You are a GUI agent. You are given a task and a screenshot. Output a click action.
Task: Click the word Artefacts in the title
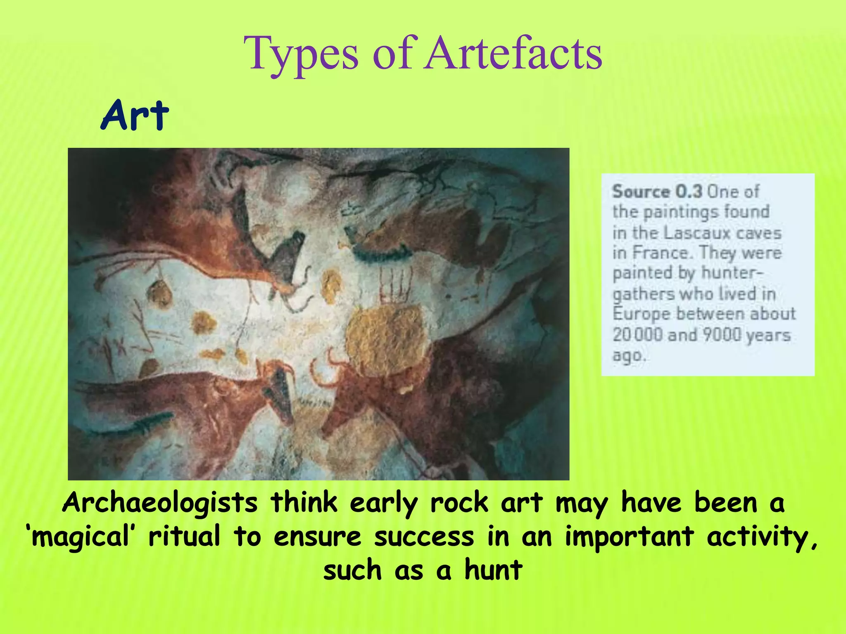(x=514, y=54)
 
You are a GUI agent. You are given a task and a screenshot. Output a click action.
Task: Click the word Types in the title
(x=301, y=55)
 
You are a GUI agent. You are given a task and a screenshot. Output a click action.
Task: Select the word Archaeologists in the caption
(x=160, y=504)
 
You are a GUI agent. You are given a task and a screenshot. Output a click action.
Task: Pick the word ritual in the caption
(x=184, y=537)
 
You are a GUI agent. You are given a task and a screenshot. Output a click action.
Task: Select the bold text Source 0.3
(x=657, y=192)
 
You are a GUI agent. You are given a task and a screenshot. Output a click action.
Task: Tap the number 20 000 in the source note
(x=637, y=335)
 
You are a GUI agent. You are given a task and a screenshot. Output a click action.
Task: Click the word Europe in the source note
(x=642, y=314)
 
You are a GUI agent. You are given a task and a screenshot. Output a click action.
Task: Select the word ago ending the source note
(x=629, y=355)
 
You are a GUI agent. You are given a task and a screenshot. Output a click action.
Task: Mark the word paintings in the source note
(x=681, y=213)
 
